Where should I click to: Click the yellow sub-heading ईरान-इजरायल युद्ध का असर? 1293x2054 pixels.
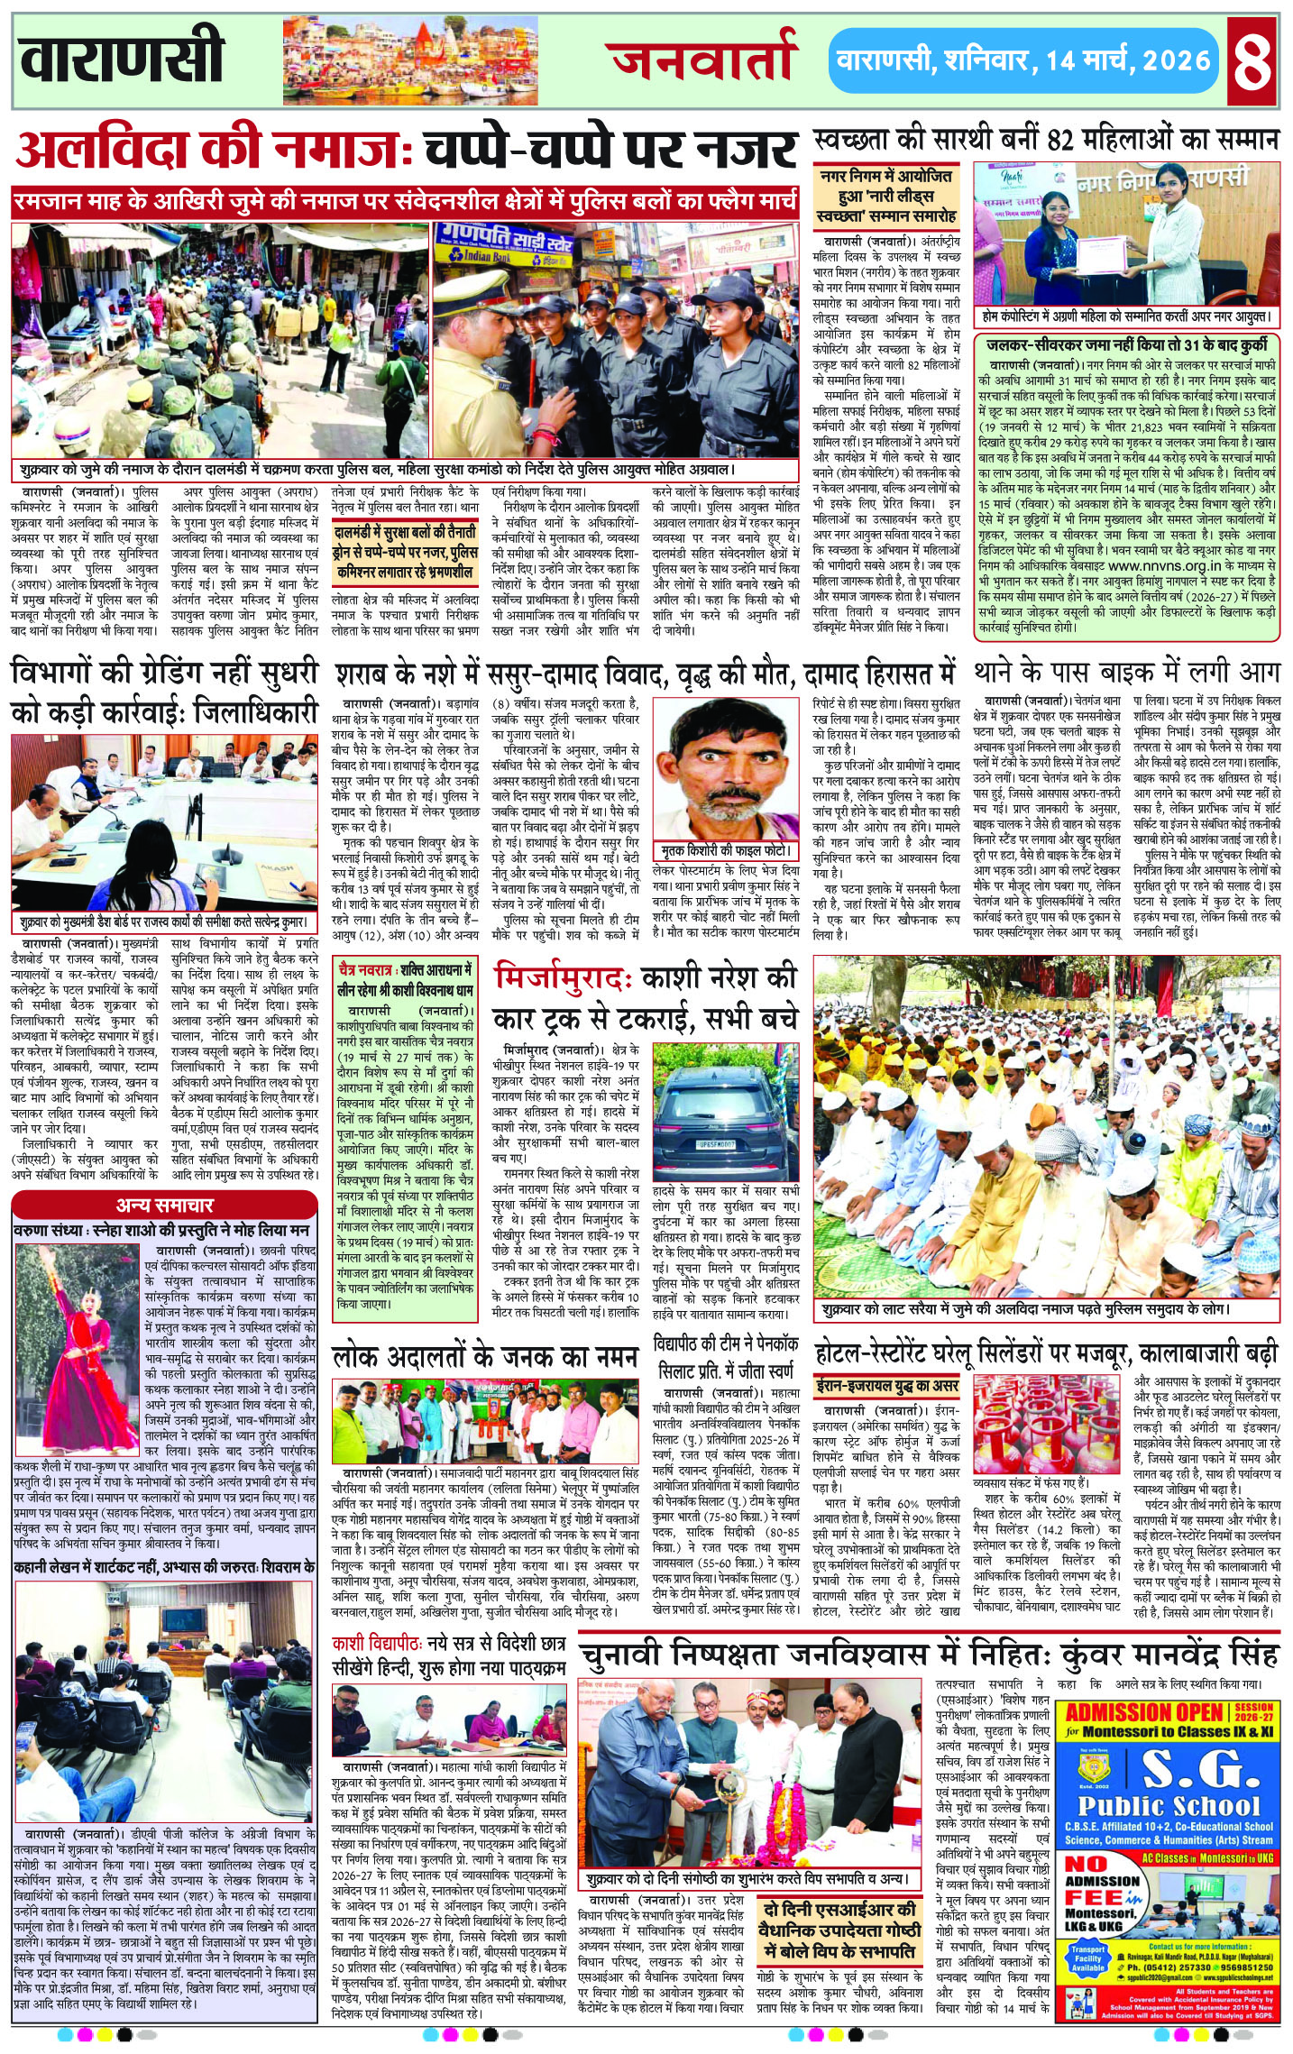tap(874, 1385)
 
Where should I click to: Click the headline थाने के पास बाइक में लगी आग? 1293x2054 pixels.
tap(1127, 674)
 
